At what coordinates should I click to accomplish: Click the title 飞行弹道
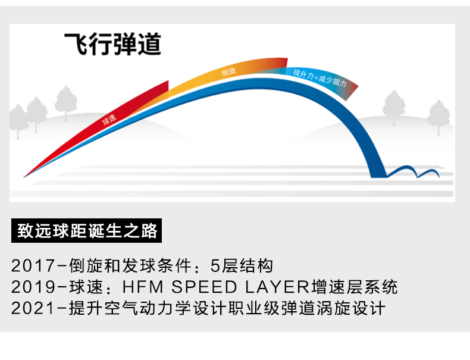(x=112, y=45)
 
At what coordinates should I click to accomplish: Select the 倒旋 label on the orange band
(x=229, y=73)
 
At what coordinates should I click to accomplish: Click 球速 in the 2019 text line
(x=83, y=288)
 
